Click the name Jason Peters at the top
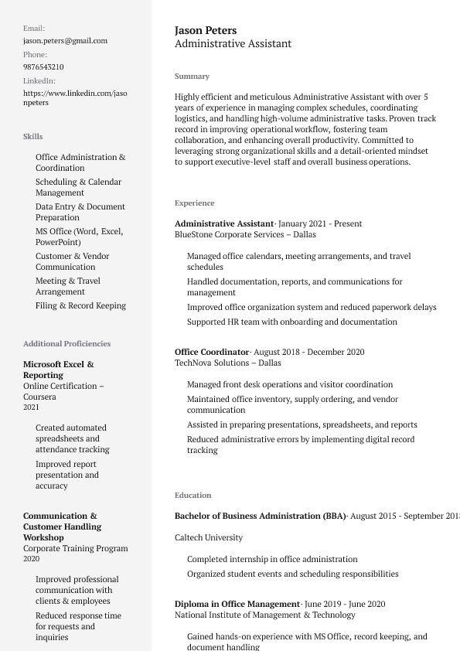click(206, 30)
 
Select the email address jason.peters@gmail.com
click(65, 40)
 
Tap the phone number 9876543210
click(43, 66)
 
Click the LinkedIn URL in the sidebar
click(75, 97)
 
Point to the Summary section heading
click(192, 76)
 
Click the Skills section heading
click(32, 136)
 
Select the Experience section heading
click(194, 203)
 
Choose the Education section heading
click(193, 495)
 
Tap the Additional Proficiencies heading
click(66, 343)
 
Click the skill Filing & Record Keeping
click(80, 305)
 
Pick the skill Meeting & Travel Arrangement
click(68, 286)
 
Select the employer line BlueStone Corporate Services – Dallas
click(245, 234)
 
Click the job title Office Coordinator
click(212, 352)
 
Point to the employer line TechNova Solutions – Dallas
click(227, 363)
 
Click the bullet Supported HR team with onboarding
click(291, 322)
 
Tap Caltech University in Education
click(208, 537)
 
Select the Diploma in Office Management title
click(237, 604)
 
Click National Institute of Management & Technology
click(264, 615)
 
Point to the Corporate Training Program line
click(75, 548)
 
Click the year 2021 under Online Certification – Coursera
click(31, 407)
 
